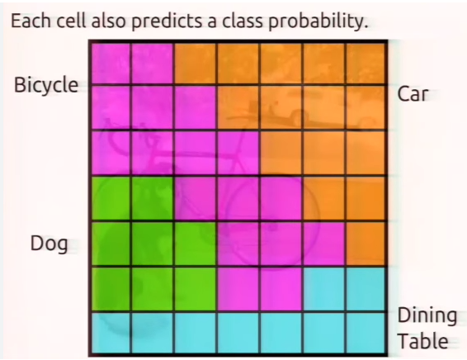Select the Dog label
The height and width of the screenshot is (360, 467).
[49, 244]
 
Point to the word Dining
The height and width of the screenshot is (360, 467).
[427, 315]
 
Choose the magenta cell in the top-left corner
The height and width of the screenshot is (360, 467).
[110, 62]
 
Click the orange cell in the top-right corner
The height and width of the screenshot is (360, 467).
[366, 62]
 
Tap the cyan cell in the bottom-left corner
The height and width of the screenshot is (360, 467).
[110, 333]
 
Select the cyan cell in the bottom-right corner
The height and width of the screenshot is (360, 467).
[366, 333]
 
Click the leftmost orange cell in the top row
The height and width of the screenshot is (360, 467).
[196, 62]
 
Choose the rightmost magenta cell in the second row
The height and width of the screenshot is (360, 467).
[196, 107]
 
